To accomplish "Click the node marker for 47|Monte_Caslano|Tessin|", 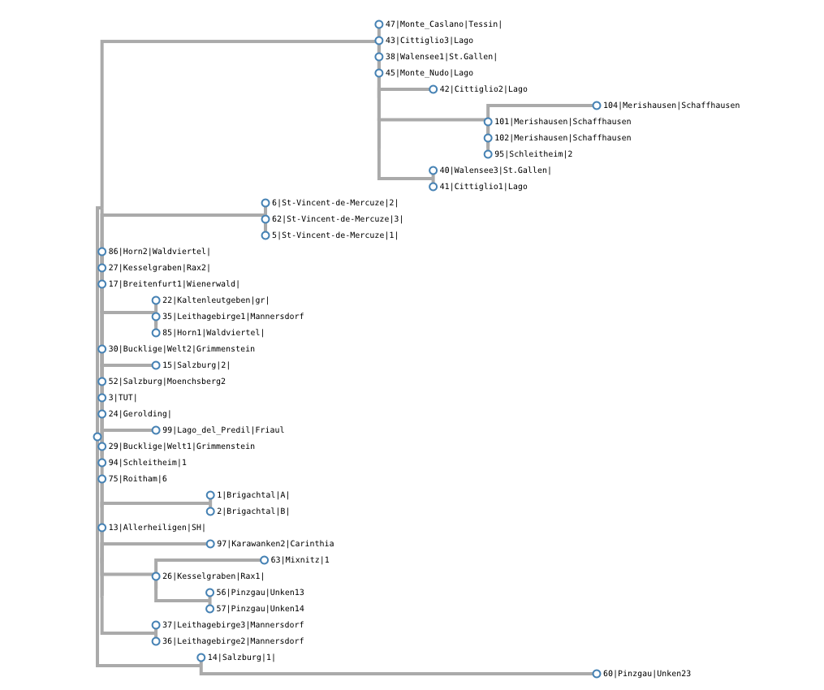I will coord(379,24).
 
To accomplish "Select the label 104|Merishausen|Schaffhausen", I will coord(671,106).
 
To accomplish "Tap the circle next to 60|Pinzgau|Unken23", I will coord(597,674).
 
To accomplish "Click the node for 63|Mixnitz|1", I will coord(265,560).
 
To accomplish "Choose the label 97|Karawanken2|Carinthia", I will coord(275,544).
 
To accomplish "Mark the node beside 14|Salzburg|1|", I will coord(201,658).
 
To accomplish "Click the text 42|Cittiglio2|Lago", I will coord(483,89).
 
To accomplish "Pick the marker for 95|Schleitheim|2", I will coord(488,154).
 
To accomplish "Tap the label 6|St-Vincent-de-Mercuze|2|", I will coord(334,203).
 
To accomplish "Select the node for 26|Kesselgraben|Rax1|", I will coord(156,576).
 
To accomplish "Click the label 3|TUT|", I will coord(123,398).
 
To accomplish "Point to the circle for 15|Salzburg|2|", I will coord(156,365).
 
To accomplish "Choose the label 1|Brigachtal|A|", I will coord(252,495).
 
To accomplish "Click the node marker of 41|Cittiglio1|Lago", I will coord(434,187).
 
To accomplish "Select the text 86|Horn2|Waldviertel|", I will coord(159,252).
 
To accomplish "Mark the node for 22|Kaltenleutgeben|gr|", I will coord(156,300).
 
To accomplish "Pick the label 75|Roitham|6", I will coord(137,479).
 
